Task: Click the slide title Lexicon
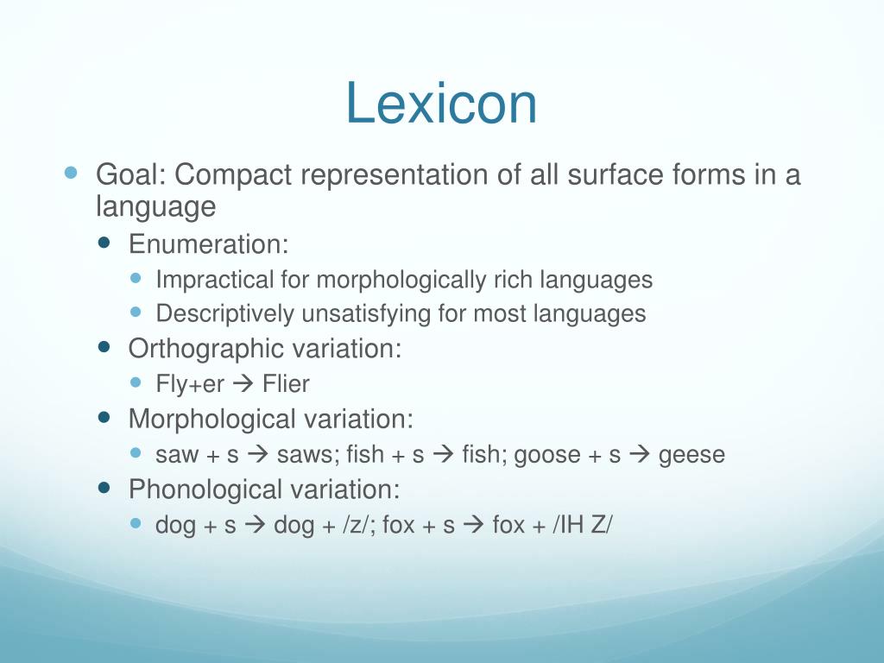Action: coord(441,103)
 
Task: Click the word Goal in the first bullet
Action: coord(129,175)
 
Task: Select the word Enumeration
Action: coord(208,244)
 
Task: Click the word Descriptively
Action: coord(225,313)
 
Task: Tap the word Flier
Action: coord(286,383)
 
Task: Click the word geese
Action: coord(691,454)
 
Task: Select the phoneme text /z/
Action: coord(354,524)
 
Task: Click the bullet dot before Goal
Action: coord(72,173)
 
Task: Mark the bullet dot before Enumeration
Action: coord(105,243)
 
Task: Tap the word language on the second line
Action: coord(155,207)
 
